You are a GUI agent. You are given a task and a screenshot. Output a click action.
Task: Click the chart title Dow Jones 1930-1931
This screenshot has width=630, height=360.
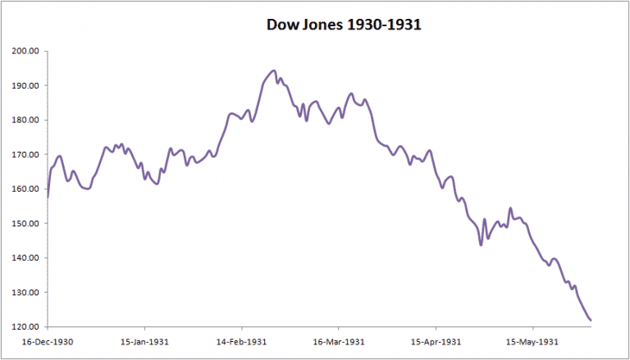click(344, 25)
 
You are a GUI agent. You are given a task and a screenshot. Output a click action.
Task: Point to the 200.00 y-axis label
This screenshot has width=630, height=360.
click(26, 51)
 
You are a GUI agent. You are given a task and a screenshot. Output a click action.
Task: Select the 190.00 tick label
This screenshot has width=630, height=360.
click(26, 85)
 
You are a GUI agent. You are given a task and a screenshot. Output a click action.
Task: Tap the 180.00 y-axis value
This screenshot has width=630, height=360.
click(26, 120)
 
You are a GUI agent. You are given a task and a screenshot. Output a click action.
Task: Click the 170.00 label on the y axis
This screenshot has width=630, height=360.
click(26, 154)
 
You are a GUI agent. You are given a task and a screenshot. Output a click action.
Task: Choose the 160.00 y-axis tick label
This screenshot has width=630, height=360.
click(26, 189)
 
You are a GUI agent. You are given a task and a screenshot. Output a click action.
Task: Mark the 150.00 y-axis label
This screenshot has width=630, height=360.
click(26, 223)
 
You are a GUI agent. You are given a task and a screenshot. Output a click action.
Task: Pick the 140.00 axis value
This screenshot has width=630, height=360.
click(26, 257)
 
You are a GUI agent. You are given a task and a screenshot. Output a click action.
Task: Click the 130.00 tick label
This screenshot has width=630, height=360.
click(26, 293)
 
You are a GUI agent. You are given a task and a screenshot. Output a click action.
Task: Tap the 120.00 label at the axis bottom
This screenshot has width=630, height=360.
click(26, 327)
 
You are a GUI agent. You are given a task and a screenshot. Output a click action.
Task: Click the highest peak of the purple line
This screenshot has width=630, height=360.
click(274, 71)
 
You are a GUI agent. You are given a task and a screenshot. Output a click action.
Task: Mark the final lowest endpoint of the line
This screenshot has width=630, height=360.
click(591, 320)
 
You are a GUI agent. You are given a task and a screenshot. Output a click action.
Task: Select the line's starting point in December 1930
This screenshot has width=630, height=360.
click(48, 197)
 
